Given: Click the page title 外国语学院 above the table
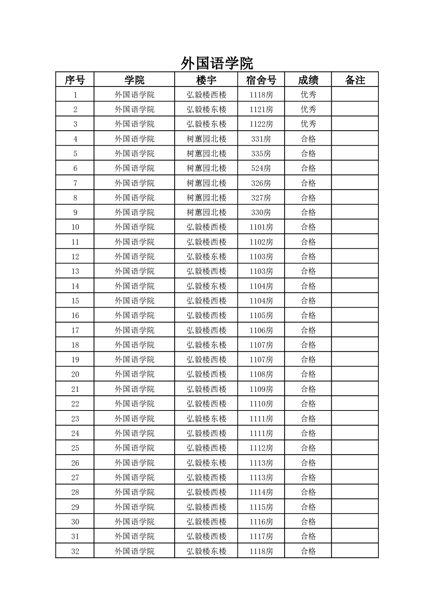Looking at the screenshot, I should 217,64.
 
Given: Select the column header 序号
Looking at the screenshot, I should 75,80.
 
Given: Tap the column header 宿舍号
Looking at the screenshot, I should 261,80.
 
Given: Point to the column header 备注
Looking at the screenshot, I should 355,80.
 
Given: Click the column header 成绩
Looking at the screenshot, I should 308,80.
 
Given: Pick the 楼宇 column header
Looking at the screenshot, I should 206,80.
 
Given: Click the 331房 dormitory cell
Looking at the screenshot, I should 261,139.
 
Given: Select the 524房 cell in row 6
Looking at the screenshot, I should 261,168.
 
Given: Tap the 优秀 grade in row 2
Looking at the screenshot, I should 308,109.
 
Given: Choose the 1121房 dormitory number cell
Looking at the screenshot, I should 261,109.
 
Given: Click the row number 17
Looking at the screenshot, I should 75,330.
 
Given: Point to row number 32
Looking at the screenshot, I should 75,551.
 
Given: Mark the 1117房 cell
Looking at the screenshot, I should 261,536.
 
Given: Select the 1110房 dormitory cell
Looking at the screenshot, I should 261,404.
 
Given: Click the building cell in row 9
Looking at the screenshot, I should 206,212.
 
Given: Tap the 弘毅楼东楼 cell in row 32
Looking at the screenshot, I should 206,551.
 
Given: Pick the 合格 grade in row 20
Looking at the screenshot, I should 308,374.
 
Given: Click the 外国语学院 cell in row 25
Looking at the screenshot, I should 134,448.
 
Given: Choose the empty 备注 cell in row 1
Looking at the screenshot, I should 355,95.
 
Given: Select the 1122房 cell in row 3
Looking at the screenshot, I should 261,124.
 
